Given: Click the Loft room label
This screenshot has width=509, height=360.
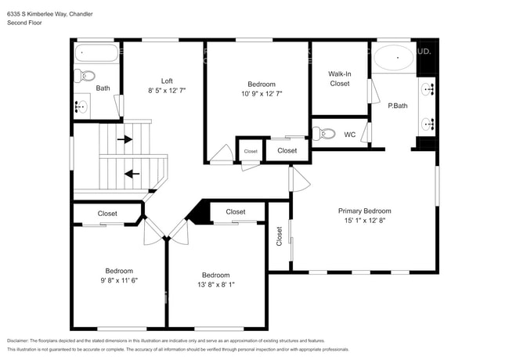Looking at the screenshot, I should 166,81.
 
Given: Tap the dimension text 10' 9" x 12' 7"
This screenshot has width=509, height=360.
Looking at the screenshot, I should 261,94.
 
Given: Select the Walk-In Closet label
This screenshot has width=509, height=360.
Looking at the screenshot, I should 339,78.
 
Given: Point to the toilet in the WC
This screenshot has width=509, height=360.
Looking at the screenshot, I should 323,134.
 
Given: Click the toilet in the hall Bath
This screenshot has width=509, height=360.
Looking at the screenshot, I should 85,76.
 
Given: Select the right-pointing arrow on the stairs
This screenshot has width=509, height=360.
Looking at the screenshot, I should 125,140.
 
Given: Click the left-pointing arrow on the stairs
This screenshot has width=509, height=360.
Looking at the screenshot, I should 132,174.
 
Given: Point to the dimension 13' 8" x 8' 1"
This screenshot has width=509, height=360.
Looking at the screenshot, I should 215,285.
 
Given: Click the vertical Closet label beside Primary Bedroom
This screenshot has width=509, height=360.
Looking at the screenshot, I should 279,237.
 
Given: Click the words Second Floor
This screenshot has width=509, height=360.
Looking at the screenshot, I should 25,23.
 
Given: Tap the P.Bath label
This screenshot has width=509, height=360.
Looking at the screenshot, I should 398,105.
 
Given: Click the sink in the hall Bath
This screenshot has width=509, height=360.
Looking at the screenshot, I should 81,106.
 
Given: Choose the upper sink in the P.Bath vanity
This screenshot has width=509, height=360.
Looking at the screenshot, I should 428,88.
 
